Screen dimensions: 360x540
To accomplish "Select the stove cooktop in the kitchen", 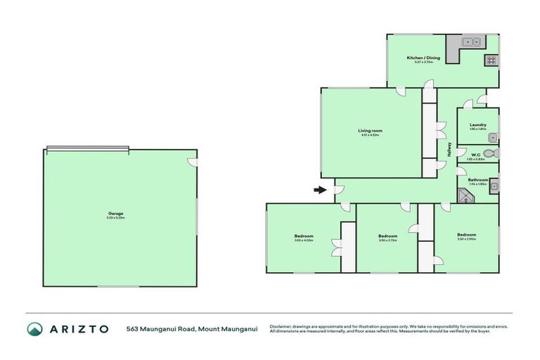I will click(x=490, y=60).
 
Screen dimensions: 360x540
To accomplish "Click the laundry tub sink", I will click(x=493, y=138).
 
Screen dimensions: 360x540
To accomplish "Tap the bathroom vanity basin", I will click(x=494, y=186).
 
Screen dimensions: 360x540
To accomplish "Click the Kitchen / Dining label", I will click(x=423, y=58).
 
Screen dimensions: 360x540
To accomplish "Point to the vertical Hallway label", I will click(x=448, y=150).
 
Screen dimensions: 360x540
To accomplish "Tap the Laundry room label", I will click(x=478, y=125).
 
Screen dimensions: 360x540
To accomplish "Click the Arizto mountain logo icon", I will click(x=34, y=328).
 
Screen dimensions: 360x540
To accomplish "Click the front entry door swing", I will click(x=338, y=189).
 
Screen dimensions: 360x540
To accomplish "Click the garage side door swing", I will click(x=193, y=162).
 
